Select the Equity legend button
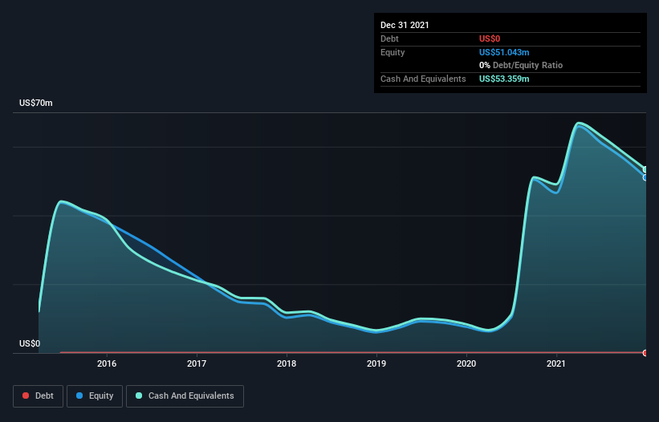(95, 396)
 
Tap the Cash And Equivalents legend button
(185, 396)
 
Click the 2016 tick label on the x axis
(107, 363)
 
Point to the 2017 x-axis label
(197, 363)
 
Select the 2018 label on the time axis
(287, 363)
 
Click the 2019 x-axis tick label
(376, 363)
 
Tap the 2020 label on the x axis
(466, 363)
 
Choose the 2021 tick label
(556, 363)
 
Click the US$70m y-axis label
(35, 103)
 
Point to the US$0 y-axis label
(30, 343)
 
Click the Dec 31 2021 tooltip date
(405, 25)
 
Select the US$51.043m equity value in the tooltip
(504, 52)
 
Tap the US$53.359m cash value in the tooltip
(504, 79)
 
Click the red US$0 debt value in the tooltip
(490, 39)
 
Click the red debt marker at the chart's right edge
(645, 353)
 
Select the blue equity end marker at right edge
(645, 177)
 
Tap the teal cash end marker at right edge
(645, 169)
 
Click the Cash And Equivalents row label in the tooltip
(423, 79)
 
